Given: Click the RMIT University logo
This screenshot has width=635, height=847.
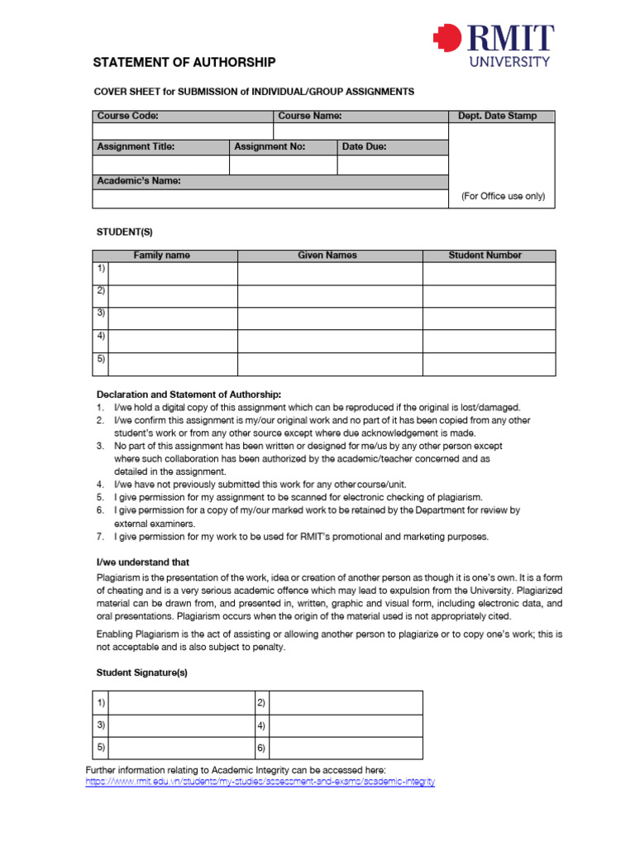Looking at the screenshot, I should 493,46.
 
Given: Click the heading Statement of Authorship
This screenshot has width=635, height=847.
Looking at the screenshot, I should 184,63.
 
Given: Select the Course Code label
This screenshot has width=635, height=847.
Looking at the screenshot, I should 128,117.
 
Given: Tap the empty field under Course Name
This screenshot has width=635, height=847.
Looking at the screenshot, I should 360,132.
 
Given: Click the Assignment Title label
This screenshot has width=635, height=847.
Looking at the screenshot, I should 136,147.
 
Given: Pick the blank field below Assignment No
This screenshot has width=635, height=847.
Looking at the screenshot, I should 283,165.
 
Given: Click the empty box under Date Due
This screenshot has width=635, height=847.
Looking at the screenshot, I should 392,165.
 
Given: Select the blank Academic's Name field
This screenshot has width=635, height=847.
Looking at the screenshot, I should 270,199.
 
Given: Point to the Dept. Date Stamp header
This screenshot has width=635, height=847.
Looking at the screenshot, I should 497,117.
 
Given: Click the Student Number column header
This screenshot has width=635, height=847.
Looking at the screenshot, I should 485,256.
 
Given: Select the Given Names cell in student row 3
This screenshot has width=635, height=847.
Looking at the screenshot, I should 330,318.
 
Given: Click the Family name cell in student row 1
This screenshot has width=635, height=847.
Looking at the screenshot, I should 173,274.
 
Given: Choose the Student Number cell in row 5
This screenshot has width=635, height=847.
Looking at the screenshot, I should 489,364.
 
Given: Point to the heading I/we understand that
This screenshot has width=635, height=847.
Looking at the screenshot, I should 143,562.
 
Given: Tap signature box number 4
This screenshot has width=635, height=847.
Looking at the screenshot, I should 346,726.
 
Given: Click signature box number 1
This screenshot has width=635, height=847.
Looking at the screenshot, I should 181,703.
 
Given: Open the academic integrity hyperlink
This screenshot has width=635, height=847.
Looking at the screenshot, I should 260,782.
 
